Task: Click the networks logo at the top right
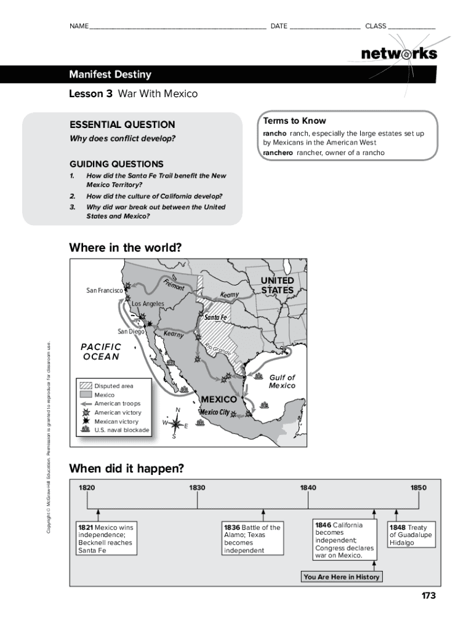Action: pyautogui.click(x=399, y=54)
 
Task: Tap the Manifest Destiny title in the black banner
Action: pyautogui.click(x=110, y=75)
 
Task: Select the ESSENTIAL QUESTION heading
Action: pyautogui.click(x=122, y=124)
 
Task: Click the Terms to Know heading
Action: pyautogui.click(x=294, y=121)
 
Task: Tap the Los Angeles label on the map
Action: pyautogui.click(x=148, y=304)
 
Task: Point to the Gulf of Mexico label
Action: pyautogui.click(x=282, y=381)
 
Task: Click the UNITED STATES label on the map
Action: pyautogui.click(x=277, y=285)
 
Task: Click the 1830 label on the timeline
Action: pyautogui.click(x=197, y=488)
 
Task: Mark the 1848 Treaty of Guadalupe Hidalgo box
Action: pyautogui.click(x=410, y=535)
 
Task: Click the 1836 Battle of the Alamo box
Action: pyautogui.click(x=252, y=539)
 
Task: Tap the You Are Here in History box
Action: pyautogui.click(x=342, y=576)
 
